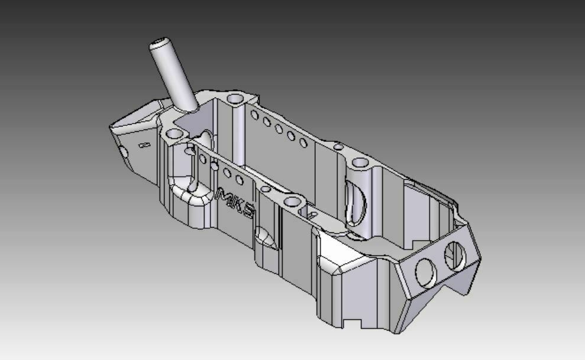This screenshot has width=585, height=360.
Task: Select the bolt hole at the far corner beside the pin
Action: [236, 98]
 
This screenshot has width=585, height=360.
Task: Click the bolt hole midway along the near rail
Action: [292, 202]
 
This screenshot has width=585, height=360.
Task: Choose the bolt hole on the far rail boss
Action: [360, 163]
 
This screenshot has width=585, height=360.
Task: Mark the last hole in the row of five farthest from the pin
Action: [303, 142]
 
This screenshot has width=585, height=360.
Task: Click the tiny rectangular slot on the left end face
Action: [143, 144]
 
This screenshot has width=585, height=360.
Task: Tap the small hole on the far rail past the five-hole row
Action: [338, 147]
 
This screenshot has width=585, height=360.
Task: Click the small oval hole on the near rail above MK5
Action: [266, 189]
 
